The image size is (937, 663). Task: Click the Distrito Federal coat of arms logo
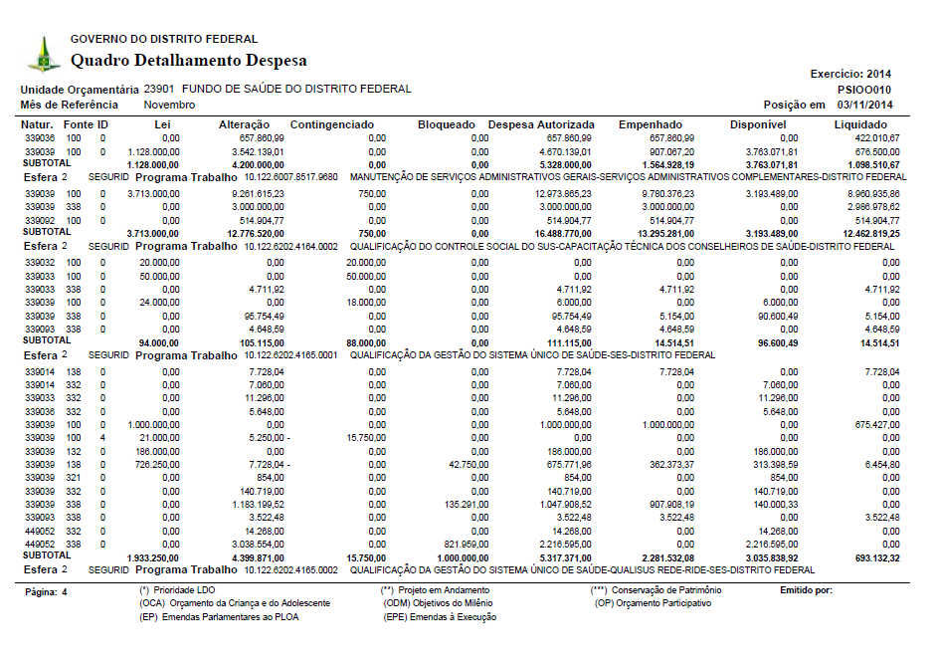pos(43,54)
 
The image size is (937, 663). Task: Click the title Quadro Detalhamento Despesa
pos(188,61)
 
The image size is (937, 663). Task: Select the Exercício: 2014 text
pos(851,74)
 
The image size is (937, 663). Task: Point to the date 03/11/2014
pos(864,105)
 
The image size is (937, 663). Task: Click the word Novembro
pos(169,105)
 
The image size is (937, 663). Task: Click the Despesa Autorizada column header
pos(542,124)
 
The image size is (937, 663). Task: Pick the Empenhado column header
pos(650,124)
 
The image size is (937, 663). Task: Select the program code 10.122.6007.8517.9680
pos(291,177)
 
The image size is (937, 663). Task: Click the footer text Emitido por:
pos(806,590)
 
